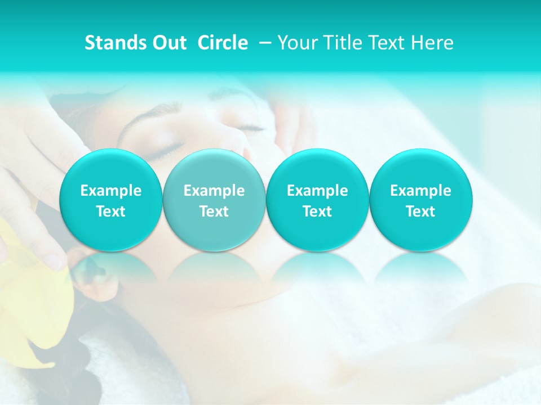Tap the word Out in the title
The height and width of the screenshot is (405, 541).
tap(167, 43)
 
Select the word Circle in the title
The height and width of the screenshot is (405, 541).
tap(223, 43)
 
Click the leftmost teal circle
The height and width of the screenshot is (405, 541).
tap(110, 200)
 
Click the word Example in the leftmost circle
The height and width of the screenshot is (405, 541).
tap(110, 191)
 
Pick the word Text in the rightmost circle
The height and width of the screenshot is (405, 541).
tap(420, 211)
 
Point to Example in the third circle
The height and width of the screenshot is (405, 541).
tap(317, 191)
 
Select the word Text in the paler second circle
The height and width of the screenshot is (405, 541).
tap(214, 211)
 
